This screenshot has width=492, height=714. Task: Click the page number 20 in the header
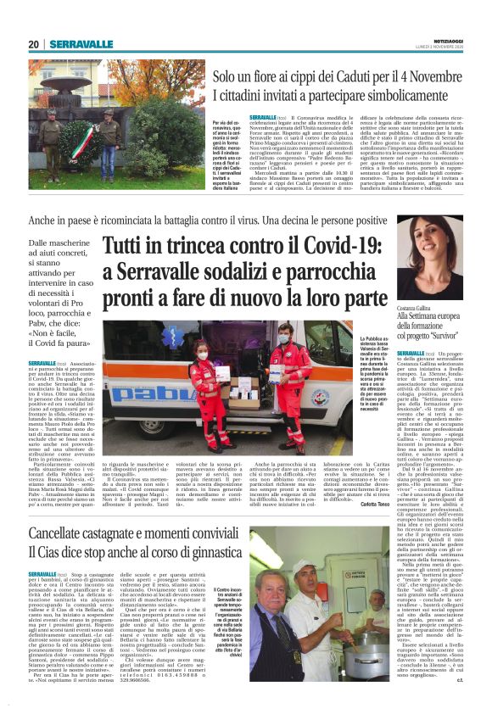tap(35, 45)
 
